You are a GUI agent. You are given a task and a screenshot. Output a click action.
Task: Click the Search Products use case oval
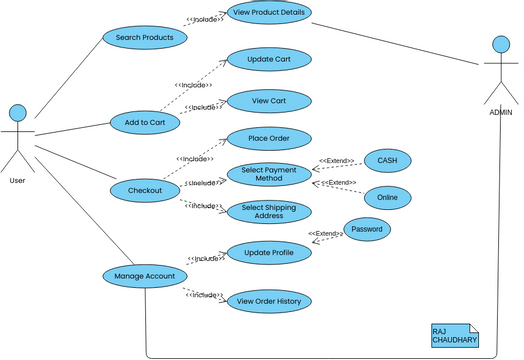coord(144,38)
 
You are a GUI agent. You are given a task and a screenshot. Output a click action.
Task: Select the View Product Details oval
coord(269,12)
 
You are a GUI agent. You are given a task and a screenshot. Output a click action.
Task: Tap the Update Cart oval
coord(269,61)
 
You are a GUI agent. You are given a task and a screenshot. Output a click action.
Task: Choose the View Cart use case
coord(269,100)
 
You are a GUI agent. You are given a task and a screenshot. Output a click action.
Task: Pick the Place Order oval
coord(269,137)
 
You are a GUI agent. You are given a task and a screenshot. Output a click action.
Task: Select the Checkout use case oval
coord(145,190)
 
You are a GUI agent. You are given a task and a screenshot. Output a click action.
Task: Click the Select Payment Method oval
coord(269,174)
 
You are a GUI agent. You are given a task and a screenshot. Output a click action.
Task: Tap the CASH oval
coord(387,160)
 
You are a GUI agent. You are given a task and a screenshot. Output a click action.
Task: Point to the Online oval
coord(387,197)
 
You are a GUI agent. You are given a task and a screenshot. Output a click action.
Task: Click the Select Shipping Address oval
coord(269,212)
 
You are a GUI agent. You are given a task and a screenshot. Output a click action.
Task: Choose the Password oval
coord(367,229)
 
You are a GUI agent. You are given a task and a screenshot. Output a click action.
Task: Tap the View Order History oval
coord(269,301)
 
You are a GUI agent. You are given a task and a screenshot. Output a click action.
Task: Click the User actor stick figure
coord(17,138)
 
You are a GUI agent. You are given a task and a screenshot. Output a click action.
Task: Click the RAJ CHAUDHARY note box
coord(455,335)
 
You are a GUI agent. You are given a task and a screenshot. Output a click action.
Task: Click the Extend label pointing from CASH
coord(337,160)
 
